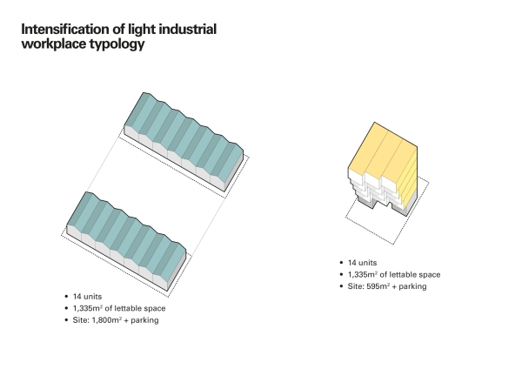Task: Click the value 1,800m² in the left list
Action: (x=109, y=320)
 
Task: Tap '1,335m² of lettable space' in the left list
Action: (x=119, y=309)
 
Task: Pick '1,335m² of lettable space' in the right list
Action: (x=392, y=274)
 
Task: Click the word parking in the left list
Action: (x=145, y=320)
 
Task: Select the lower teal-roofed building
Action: (x=126, y=231)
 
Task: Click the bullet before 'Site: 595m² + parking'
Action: (x=341, y=285)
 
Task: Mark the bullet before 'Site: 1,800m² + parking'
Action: (x=68, y=320)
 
